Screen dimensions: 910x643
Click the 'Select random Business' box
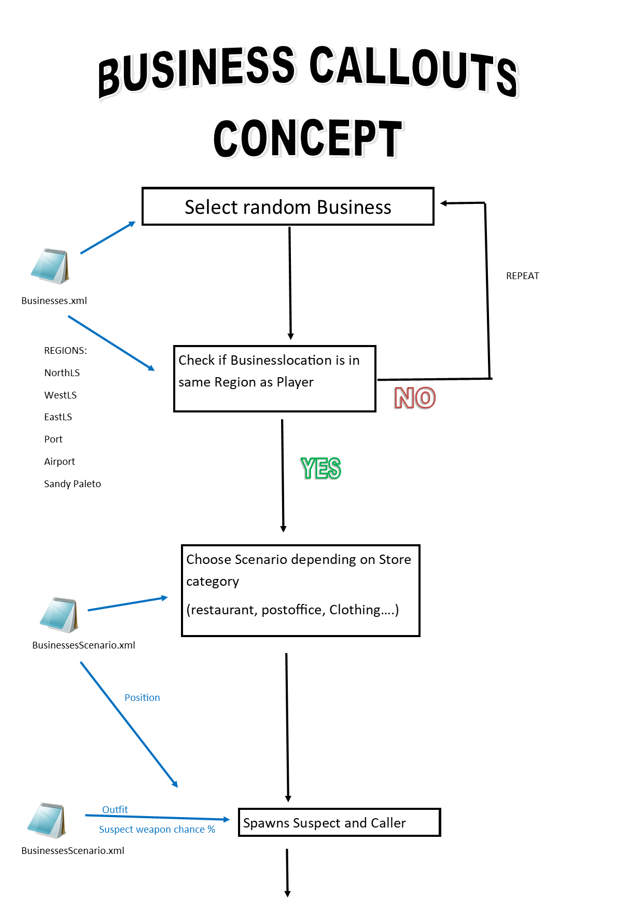(288, 206)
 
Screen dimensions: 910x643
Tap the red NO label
(415, 398)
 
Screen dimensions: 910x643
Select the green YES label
(320, 468)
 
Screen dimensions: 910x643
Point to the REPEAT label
(522, 276)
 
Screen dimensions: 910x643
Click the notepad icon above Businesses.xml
(50, 266)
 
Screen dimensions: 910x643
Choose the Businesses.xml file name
(54, 301)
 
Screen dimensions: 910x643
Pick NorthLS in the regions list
(62, 373)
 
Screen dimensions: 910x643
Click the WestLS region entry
(60, 395)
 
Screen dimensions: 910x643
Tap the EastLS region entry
(58, 417)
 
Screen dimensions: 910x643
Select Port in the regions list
(53, 439)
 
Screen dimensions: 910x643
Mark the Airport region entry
(59, 462)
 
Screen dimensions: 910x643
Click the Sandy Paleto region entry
(72, 484)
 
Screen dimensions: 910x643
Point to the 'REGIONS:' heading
(65, 351)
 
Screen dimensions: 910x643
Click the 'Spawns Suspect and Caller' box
(339, 822)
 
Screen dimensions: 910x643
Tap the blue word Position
(142, 698)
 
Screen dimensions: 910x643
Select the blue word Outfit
(115, 810)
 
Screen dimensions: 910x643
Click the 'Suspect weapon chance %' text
(157, 830)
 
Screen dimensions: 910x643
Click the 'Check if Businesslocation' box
(274, 379)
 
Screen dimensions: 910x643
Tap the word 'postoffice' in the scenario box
(292, 610)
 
